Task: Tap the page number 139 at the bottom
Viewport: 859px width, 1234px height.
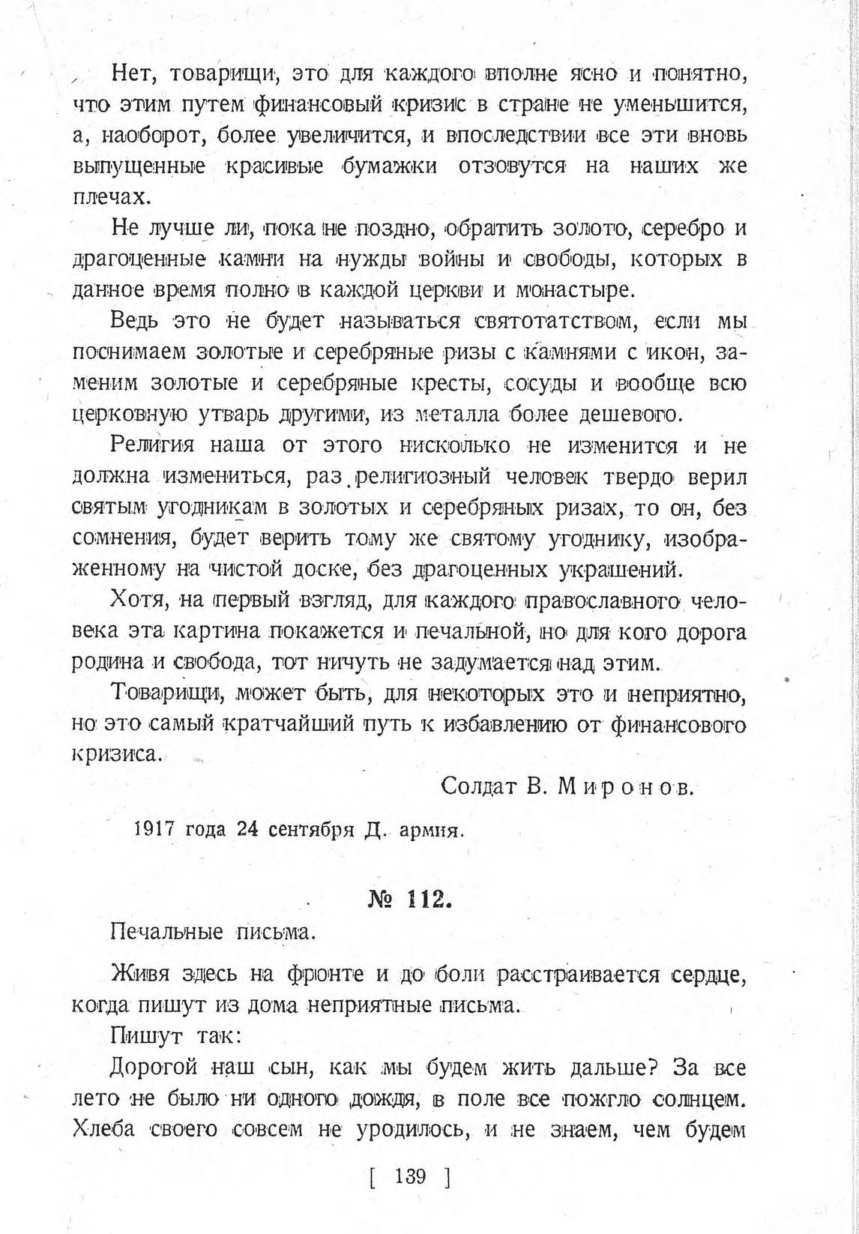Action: pos(410,1175)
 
